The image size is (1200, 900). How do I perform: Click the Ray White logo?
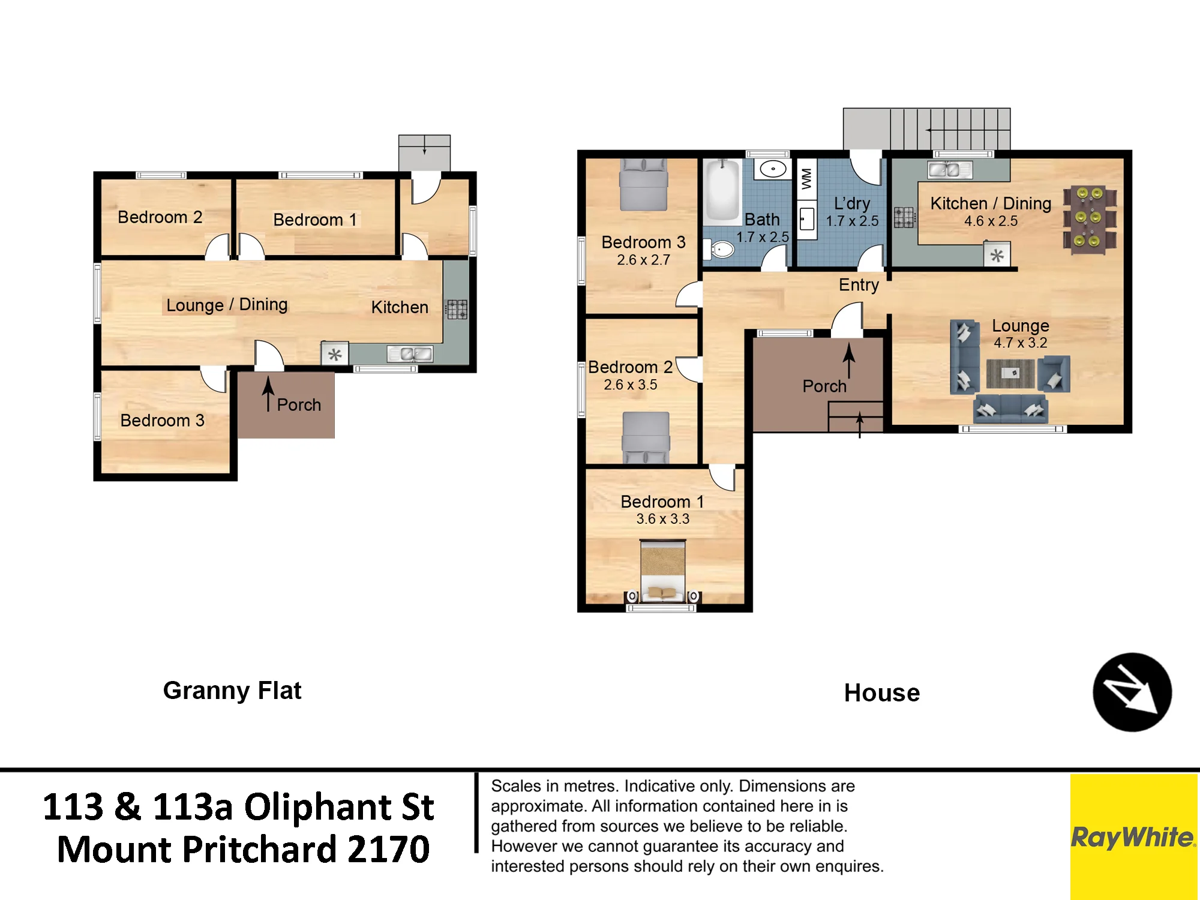click(x=1133, y=836)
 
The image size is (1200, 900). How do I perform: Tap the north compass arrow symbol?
click(x=1132, y=692)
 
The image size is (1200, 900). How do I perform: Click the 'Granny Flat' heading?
click(x=232, y=691)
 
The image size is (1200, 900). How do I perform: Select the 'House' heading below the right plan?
click(x=882, y=693)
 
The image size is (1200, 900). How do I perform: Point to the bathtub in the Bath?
click(x=723, y=191)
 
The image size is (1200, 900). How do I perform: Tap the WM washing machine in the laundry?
click(x=806, y=178)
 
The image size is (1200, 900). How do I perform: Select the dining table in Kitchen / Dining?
click(x=1090, y=218)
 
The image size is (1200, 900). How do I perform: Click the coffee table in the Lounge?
click(x=1010, y=373)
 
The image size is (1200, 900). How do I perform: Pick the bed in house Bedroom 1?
click(x=662, y=571)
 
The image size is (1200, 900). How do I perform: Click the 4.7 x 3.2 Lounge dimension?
click(x=1021, y=343)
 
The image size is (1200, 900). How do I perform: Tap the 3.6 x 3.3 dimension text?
click(x=663, y=519)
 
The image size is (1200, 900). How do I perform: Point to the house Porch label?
click(x=824, y=386)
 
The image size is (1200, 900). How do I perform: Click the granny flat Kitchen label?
click(x=400, y=307)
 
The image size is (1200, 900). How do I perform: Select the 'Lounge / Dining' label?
click(x=227, y=305)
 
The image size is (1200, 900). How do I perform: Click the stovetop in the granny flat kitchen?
click(x=457, y=310)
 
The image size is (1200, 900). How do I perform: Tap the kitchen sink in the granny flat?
click(x=410, y=354)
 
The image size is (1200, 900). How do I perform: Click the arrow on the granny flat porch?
click(x=268, y=394)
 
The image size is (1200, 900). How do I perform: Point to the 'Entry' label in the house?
click(x=859, y=285)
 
